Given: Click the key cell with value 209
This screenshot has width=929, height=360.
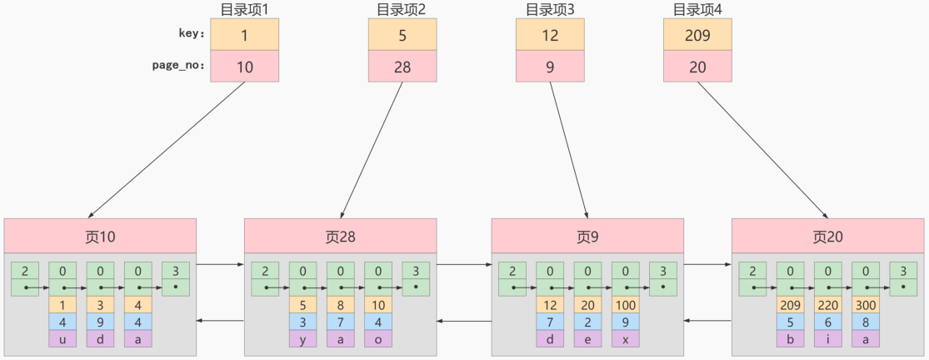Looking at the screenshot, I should click(697, 34).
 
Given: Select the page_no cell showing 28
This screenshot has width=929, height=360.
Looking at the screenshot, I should click(402, 67).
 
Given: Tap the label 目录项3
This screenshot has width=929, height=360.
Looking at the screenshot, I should click(549, 10).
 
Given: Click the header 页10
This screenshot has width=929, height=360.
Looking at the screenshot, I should click(100, 236).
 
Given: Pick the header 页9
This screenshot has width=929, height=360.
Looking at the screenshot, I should click(587, 236).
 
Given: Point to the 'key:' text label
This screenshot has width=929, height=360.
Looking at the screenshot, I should click(192, 34).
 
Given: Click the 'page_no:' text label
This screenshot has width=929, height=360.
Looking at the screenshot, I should click(181, 66).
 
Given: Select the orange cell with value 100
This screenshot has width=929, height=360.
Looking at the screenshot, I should click(625, 304).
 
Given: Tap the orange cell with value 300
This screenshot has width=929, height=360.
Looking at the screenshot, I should click(865, 304).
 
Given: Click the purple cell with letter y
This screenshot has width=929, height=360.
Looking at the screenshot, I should click(303, 338).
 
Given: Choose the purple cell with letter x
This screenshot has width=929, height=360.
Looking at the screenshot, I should click(625, 338).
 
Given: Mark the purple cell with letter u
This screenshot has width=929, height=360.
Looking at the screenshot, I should click(62, 338).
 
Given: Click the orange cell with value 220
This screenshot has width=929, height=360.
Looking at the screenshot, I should click(827, 304).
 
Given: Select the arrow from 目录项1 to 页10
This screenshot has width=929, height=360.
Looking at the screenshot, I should click(167, 150).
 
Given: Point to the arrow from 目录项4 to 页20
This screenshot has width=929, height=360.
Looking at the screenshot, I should click(762, 150).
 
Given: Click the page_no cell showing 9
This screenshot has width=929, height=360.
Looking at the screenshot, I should click(550, 67).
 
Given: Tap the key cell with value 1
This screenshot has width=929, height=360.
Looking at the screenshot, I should click(244, 34).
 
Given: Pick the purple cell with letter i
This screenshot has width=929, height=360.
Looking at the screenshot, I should click(827, 338).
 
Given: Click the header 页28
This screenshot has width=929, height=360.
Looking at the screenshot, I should click(340, 236).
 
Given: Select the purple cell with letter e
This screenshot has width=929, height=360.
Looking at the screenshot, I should click(587, 338).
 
